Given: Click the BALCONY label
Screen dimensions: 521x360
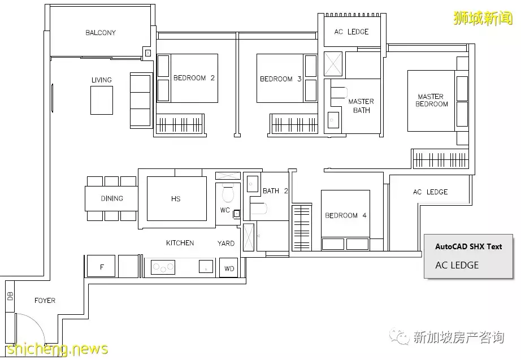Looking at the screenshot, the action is click(101, 33).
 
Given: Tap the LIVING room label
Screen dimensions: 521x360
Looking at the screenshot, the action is click(101, 80).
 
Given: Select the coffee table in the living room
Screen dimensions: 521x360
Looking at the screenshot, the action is click(102, 101).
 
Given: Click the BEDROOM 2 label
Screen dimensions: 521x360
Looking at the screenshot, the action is click(194, 78).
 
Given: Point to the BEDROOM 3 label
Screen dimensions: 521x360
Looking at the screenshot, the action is click(280, 79).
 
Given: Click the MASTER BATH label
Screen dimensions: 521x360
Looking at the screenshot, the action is click(361, 106).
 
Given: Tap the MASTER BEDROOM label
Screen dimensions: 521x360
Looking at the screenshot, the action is click(431, 100).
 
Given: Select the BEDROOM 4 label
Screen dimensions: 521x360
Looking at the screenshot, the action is click(346, 215).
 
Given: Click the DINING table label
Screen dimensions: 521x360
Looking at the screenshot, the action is click(112, 198).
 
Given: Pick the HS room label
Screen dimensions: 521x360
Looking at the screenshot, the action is click(176, 199).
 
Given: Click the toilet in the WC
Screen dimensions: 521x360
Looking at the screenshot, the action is click(228, 193).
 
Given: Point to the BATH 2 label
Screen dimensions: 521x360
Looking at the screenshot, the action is click(275, 191).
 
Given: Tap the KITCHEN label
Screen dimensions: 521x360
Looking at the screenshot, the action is click(180, 243).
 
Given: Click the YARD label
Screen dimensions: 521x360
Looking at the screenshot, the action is click(226, 244).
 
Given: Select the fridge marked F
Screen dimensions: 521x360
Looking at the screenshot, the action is click(101, 266).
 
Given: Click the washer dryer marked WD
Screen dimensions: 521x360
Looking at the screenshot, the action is click(229, 268).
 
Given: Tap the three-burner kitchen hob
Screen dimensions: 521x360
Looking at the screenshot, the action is click(163, 267).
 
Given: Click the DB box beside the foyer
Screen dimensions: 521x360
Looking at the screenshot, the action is click(10, 296).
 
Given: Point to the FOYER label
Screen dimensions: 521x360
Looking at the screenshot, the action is click(45, 301).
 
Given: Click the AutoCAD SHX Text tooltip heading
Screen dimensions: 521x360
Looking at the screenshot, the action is click(468, 246).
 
